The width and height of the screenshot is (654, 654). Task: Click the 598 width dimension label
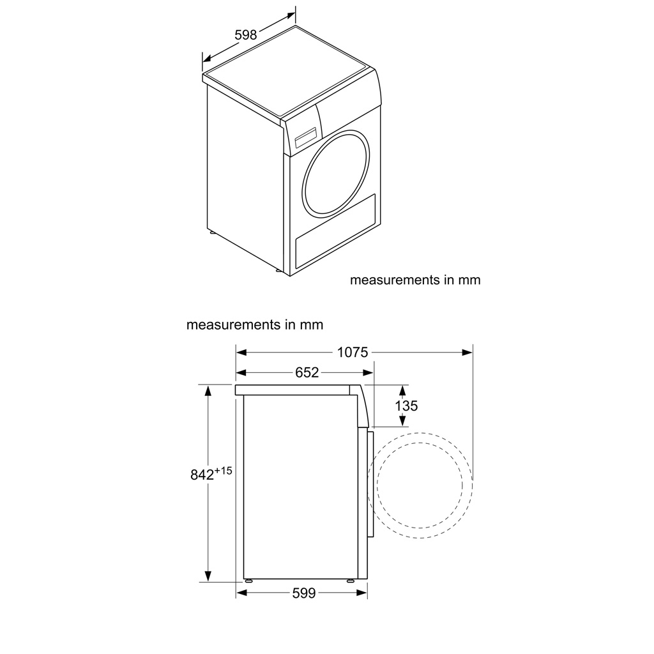[x=246, y=34]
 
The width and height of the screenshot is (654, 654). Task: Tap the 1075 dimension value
[x=353, y=353]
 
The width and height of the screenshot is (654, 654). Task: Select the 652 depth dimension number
[x=307, y=372]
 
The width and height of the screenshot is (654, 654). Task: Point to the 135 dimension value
[x=406, y=406]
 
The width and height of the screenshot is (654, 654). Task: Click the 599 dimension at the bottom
[x=304, y=593]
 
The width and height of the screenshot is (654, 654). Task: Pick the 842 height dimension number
[x=202, y=475]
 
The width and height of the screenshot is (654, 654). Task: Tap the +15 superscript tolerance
[x=223, y=471]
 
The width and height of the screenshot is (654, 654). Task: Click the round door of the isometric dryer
[x=336, y=172]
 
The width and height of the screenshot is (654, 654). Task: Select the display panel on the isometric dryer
[x=307, y=137]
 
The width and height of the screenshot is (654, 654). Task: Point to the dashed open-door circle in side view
[x=420, y=485]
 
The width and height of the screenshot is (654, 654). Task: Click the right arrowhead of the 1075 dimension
[x=468, y=353]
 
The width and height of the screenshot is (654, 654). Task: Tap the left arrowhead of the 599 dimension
[x=241, y=593]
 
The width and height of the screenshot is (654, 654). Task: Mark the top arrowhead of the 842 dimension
[x=208, y=390]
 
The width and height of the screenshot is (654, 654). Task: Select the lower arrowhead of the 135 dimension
[x=402, y=421]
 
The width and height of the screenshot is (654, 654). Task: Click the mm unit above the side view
[x=312, y=324]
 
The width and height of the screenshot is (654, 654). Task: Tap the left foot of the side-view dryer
[x=249, y=581]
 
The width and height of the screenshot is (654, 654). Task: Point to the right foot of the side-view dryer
[x=351, y=581]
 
